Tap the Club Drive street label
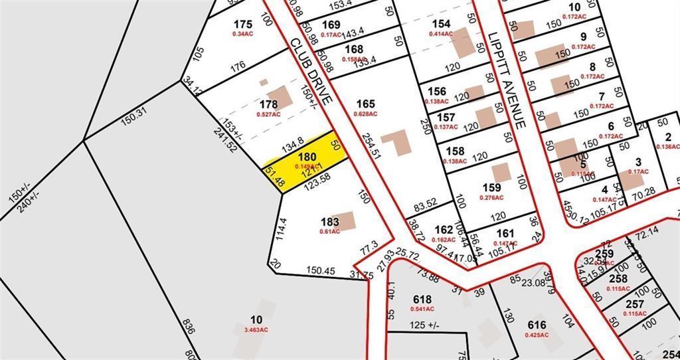click(311, 70)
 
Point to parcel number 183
click(330, 221)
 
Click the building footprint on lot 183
click(345, 221)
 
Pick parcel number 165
click(366, 104)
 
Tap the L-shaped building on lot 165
click(399, 141)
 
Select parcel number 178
click(268, 104)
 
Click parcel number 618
click(422, 299)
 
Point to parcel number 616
click(537, 325)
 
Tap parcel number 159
click(492, 188)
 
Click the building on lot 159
click(501, 172)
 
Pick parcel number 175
click(243, 25)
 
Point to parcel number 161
click(505, 233)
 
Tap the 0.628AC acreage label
click(365, 114)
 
